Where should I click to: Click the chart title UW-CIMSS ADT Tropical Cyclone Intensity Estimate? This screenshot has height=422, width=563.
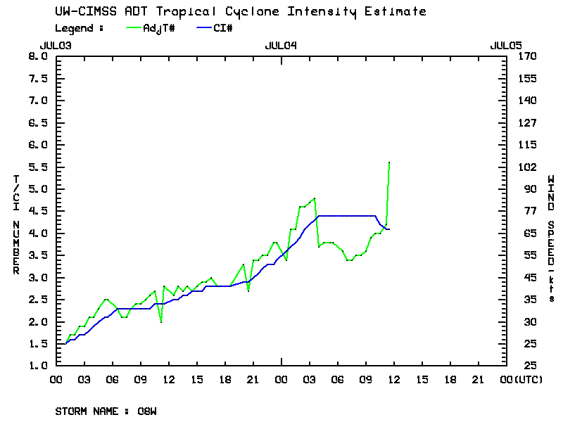[x=240, y=11]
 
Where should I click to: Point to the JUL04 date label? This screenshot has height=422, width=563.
[x=281, y=45]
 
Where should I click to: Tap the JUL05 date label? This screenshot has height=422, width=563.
[x=506, y=45]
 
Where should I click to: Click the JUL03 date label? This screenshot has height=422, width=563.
[x=56, y=45]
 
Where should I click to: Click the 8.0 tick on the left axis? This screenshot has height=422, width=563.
[x=37, y=56]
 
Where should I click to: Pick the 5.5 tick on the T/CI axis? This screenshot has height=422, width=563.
[x=37, y=167]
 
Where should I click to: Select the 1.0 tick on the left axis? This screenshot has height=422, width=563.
[x=37, y=366]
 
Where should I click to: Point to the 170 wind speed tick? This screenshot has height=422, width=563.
[x=526, y=56]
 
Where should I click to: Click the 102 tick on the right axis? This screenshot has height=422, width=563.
[x=526, y=167]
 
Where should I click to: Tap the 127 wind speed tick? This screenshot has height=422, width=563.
[x=526, y=122]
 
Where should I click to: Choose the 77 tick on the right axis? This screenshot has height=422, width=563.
[x=526, y=211]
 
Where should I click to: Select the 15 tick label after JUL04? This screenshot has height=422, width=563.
[x=422, y=380]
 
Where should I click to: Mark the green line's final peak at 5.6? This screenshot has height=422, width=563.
[x=389, y=162]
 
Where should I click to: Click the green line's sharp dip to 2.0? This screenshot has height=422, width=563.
[x=161, y=321]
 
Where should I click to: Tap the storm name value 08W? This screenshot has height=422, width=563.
[x=147, y=411]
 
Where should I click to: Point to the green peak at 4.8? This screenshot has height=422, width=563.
[x=315, y=198]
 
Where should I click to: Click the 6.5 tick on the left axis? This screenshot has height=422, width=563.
[x=37, y=122]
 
